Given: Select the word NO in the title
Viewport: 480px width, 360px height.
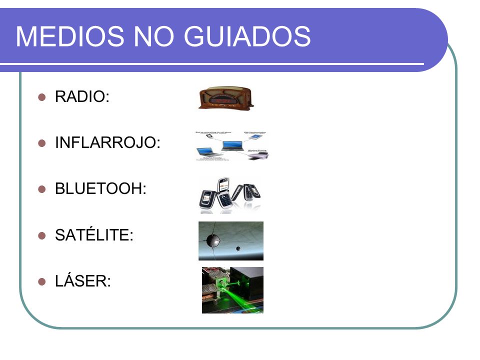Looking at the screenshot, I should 151,36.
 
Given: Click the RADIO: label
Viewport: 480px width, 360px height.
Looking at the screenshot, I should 82,97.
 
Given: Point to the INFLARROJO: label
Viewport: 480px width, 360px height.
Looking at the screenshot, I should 107,143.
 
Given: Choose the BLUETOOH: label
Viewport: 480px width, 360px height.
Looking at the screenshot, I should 100,189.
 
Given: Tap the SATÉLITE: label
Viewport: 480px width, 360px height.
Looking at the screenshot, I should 94,235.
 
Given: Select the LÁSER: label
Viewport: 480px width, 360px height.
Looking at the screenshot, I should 82,281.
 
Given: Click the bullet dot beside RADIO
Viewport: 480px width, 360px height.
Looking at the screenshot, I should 42,97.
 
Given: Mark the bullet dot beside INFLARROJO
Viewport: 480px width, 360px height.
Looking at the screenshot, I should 42,143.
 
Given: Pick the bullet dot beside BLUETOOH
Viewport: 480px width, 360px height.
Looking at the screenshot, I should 42,189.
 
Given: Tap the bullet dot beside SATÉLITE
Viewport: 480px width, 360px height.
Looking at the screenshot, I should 42,235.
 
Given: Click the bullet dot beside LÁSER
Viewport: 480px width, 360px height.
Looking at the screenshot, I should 42,282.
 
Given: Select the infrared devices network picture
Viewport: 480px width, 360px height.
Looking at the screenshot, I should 232,146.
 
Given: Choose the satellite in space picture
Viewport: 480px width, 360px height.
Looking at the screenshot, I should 230,241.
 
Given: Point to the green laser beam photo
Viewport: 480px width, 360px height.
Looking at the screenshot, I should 232,290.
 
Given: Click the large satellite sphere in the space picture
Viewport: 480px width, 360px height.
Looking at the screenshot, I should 214,241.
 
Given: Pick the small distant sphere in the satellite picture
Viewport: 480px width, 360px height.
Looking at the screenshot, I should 238,248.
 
